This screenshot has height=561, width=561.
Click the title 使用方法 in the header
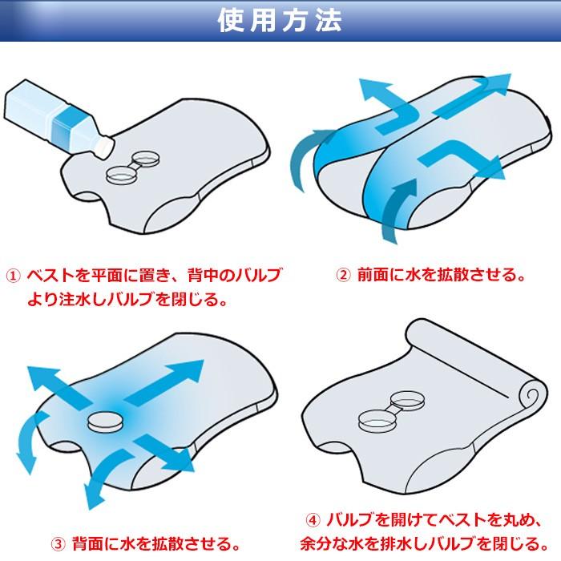pyautogui.click(x=280, y=20)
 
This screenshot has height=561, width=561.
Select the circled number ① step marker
pyautogui.click(x=14, y=276)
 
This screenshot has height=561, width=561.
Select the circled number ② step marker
pyautogui.click(x=343, y=275)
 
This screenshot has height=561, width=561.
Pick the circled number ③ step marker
pyautogui.click(x=59, y=544)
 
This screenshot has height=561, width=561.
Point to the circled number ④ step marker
pyautogui.click(x=313, y=520)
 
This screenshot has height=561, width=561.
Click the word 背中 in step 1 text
pyautogui.click(x=203, y=276)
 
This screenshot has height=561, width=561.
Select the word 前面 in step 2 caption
pyautogui.click(x=373, y=275)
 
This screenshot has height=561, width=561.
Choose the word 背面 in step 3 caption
pyautogui.click(x=87, y=544)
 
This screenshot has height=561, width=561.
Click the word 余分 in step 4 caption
pyautogui.click(x=315, y=544)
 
